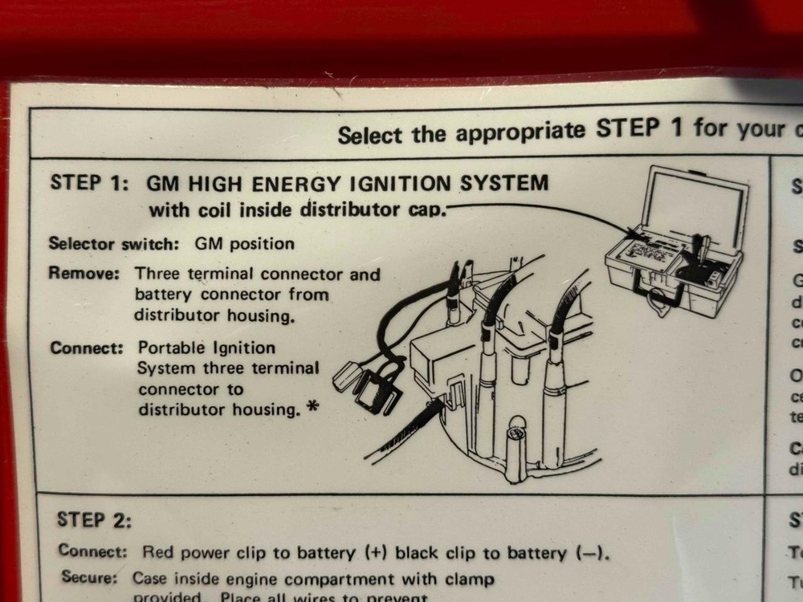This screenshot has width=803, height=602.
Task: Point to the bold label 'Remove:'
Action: pyautogui.click(x=84, y=273)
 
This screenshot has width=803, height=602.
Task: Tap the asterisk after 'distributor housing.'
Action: pyautogui.click(x=312, y=407)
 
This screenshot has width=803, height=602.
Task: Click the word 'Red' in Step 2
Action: pyautogui.click(x=157, y=552)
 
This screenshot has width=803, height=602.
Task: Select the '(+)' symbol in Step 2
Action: pyautogui.click(x=376, y=552)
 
